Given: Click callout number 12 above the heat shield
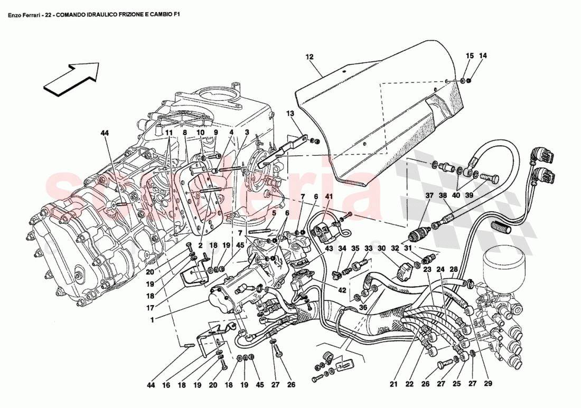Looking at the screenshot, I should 310,56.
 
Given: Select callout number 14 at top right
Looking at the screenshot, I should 483,56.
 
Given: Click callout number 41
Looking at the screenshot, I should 329,196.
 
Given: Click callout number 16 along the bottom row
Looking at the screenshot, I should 167,385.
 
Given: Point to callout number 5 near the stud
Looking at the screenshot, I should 274,214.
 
